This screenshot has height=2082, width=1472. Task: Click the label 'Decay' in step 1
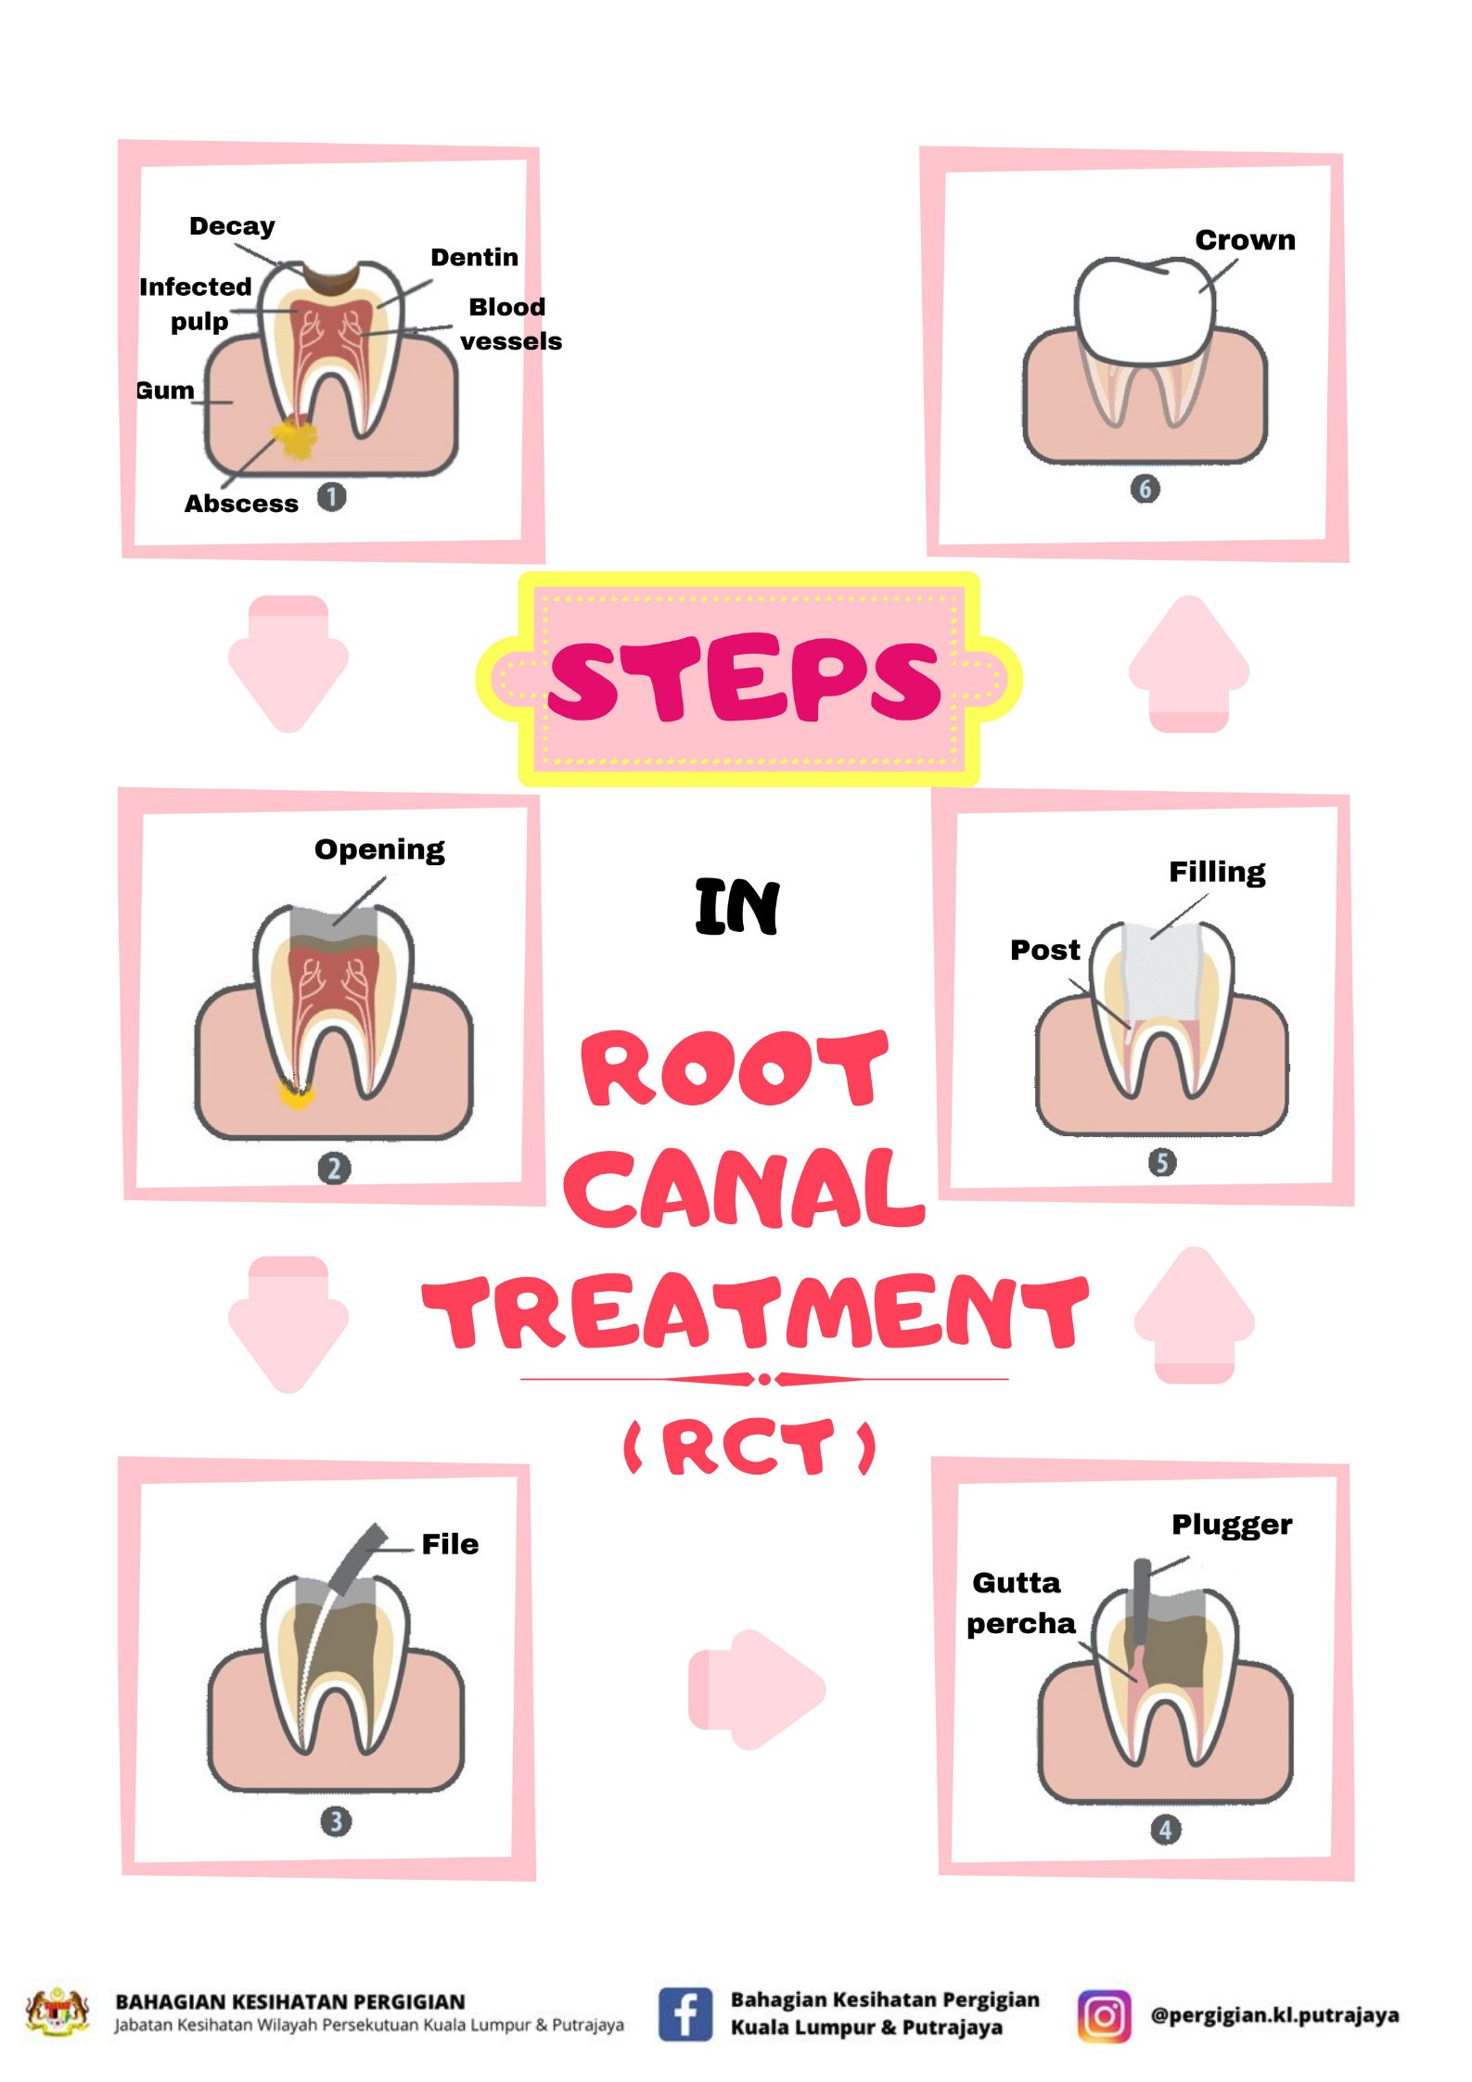pyautogui.click(x=232, y=226)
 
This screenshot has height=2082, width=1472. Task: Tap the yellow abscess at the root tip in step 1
pyautogui.click(x=296, y=438)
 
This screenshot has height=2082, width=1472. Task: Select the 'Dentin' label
pyautogui.click(x=474, y=257)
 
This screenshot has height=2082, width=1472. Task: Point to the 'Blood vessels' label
pyautogui.click(x=509, y=324)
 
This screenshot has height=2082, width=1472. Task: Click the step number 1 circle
pyautogui.click(x=331, y=497)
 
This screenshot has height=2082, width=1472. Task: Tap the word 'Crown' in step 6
pyautogui.click(x=1244, y=240)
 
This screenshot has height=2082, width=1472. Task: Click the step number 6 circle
pyautogui.click(x=1145, y=489)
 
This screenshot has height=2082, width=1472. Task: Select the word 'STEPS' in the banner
pyautogui.click(x=745, y=679)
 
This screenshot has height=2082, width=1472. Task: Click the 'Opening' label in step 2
pyautogui.click(x=379, y=849)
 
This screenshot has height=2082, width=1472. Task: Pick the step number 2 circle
pyautogui.click(x=334, y=1168)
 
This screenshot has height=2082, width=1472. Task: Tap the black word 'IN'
pyautogui.click(x=737, y=906)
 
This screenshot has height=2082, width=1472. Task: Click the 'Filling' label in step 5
pyautogui.click(x=1216, y=872)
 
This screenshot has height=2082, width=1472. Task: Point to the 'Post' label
pyautogui.click(x=1044, y=950)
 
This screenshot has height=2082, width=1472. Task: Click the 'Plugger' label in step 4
pyautogui.click(x=1231, y=1525)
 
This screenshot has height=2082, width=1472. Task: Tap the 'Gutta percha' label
pyautogui.click(x=1019, y=1603)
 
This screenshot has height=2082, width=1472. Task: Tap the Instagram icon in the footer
pyautogui.click(x=1104, y=2015)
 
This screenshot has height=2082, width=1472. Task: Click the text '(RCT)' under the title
pyautogui.click(x=749, y=1448)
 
